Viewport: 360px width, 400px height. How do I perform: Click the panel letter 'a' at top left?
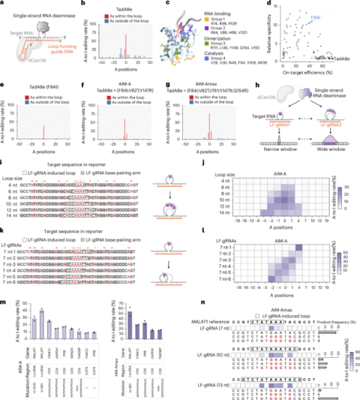(4, 4)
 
